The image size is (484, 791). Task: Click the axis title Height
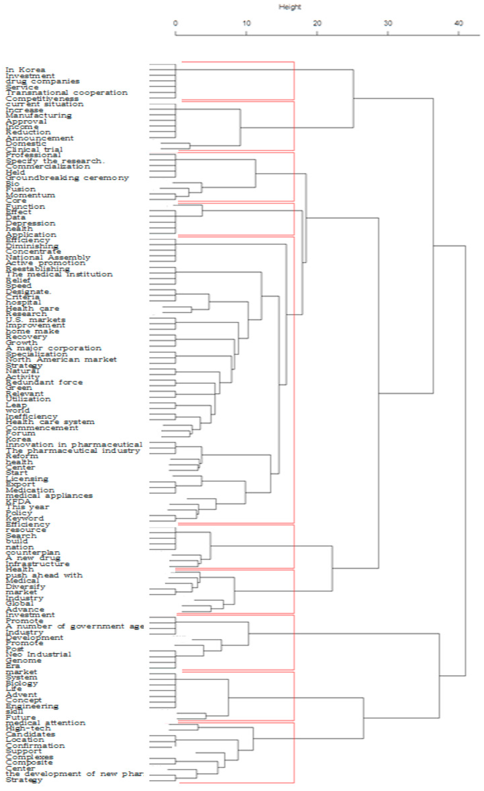[289, 7]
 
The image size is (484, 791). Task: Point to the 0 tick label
[175, 23]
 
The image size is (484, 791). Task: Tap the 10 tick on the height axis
[246, 23]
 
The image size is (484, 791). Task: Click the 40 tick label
[459, 23]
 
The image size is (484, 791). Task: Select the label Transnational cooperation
[67, 93]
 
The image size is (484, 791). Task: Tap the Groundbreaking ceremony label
[67, 178]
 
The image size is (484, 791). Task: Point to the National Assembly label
[48, 258]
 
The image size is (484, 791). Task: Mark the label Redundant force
[44, 382]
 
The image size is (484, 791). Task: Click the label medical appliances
[49, 496]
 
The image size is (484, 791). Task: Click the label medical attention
[45, 723]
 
